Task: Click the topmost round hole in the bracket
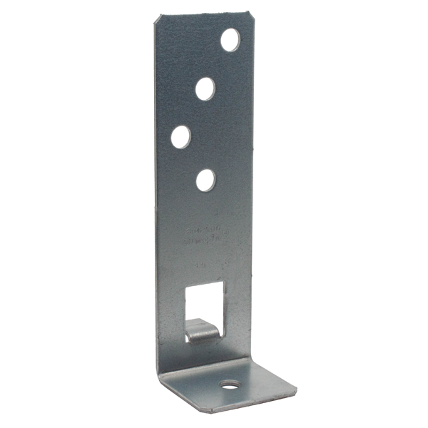tap(230, 40)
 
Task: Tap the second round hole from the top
tap(206, 88)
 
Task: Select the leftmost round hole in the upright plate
tap(180, 136)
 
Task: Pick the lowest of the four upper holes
tap(206, 180)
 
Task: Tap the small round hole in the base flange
tap(229, 385)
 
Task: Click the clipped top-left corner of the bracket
tap(155, 18)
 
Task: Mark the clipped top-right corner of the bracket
tap(250, 14)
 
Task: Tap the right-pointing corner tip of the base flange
tap(296, 390)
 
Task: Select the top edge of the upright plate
tap(202, 14)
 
